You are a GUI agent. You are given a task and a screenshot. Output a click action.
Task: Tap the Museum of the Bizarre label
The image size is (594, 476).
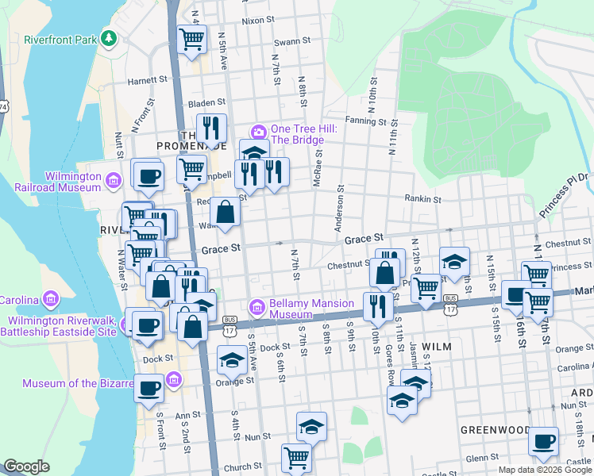click(77, 383)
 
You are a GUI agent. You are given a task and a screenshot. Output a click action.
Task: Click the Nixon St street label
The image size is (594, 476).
click(257, 20)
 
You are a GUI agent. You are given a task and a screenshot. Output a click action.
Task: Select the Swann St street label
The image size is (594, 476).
click(285, 41)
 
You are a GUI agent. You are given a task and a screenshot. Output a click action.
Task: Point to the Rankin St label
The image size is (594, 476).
click(422, 198)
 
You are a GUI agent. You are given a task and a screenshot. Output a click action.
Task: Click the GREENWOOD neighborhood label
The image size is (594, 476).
click(496, 429)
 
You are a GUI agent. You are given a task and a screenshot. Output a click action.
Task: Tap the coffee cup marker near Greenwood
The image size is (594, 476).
click(543, 441)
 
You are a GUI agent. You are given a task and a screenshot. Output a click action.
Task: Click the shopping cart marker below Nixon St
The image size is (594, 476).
click(191, 40)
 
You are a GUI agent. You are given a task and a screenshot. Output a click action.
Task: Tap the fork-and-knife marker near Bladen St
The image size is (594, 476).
click(211, 128)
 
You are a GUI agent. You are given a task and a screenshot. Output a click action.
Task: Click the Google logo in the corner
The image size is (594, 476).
click(26, 466)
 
